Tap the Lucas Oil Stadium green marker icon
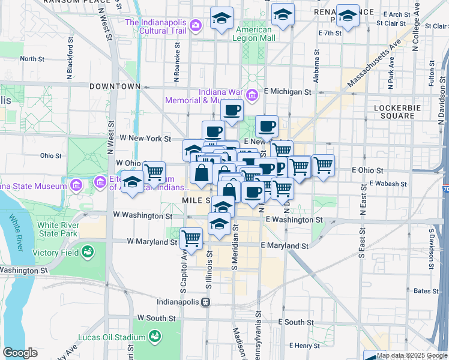coord(155,335)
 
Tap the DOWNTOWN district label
coord(114,86)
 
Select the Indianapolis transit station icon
coord(205,302)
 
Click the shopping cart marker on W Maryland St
coord(191,239)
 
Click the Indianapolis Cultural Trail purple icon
coord(195,25)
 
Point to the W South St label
coord(155,317)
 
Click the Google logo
coord(20,352)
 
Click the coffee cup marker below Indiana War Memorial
coord(232,111)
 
